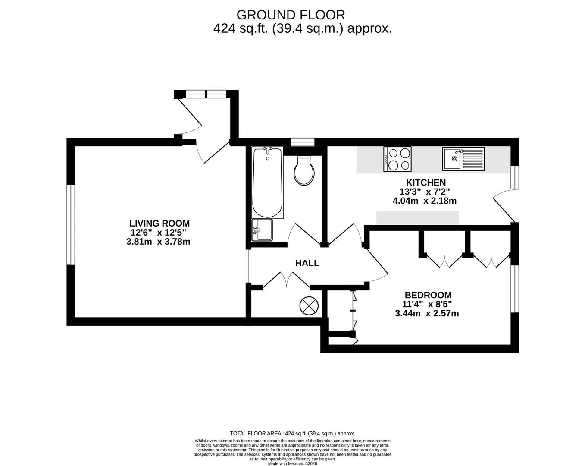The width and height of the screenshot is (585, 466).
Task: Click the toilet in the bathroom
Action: point(304,170)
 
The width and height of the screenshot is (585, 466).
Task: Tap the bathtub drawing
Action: point(267,183)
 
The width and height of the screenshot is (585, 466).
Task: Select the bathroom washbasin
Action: point(262,230)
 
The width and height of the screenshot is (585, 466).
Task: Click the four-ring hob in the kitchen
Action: point(397,159)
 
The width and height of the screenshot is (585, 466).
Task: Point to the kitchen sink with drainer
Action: point(463,159)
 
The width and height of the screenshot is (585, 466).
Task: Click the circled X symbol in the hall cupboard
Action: point(309,306)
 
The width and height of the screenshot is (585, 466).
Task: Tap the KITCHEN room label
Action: point(426,182)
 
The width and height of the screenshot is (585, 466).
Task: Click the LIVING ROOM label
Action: point(160,224)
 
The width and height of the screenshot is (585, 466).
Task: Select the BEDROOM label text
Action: point(428,295)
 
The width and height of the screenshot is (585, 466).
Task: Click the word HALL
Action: point(307,263)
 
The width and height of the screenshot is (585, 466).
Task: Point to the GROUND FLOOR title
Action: point(291,15)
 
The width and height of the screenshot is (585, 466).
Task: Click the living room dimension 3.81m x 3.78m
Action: point(158,242)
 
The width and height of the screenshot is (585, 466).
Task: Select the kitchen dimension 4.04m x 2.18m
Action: point(425,201)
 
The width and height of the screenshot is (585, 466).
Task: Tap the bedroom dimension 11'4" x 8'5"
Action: point(427,304)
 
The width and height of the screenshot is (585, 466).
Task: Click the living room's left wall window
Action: point(71,225)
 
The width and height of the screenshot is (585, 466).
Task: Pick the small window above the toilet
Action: point(303,142)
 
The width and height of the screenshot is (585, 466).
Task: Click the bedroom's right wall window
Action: point(515,289)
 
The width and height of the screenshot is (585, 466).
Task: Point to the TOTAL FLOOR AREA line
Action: point(292,433)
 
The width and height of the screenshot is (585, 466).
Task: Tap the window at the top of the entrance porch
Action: point(206,94)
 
